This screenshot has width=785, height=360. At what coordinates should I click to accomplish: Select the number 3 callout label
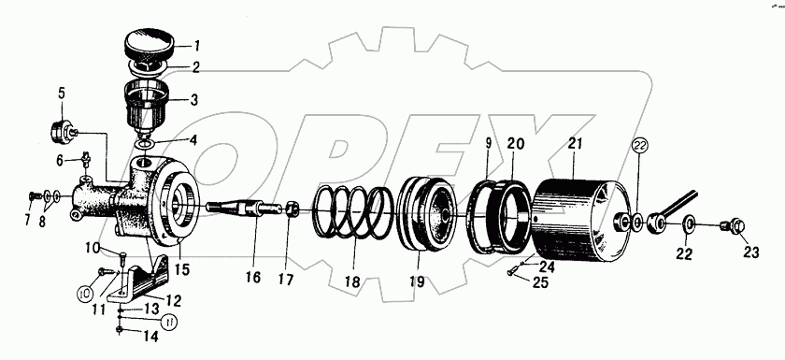193,100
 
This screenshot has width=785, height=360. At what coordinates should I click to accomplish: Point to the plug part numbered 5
64,131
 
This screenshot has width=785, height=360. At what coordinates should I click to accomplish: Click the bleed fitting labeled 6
86,161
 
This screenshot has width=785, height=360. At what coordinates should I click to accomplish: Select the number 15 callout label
182,269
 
